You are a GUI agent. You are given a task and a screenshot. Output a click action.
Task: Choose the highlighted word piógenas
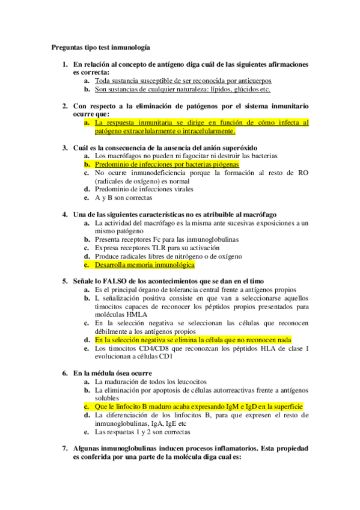224,164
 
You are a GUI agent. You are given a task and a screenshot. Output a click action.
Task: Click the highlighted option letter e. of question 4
87,264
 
